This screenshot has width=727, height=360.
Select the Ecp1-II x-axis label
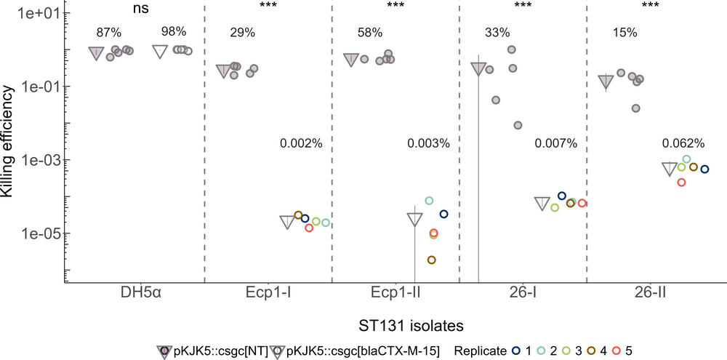click(x=395, y=295)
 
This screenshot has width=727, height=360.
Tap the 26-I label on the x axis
click(x=523, y=295)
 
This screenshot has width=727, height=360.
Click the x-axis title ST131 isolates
click(x=395, y=322)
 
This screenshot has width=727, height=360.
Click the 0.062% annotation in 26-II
click(x=683, y=143)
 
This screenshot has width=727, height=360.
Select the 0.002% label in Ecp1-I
click(x=300, y=143)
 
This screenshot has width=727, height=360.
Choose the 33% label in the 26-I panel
click(x=498, y=33)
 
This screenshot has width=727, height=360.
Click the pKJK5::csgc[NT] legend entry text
click(x=215, y=351)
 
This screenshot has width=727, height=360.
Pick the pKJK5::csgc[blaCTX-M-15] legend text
click(x=362, y=351)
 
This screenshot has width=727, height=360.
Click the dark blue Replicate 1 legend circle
click(x=515, y=351)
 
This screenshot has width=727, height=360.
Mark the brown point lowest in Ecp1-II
click(x=431, y=260)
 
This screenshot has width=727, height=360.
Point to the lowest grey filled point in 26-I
click(x=518, y=125)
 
